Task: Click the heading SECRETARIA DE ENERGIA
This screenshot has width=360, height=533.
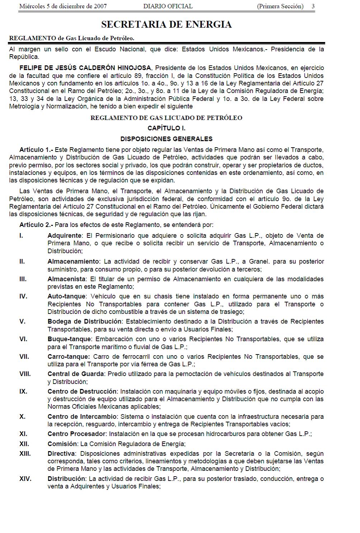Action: click(166, 24)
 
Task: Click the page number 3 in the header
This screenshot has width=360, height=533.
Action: click(313, 6)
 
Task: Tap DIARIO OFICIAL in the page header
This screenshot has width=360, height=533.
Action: click(168, 6)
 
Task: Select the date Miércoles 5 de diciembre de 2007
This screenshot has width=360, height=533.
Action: click(63, 6)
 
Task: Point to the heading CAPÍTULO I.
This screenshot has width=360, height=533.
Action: click(166, 128)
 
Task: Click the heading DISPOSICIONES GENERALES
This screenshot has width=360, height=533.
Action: click(166, 139)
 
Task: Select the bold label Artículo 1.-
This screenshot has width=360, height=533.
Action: click(36, 150)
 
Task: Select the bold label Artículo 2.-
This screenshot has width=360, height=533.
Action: click(36, 225)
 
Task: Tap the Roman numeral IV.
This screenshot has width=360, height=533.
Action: click(23, 297)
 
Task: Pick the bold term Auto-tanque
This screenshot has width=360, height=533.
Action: click(66, 297)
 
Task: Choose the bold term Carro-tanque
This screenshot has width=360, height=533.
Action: click(69, 357)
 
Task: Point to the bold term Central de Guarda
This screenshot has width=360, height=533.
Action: click(76, 374)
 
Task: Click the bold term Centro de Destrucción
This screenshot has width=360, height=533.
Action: click(82, 391)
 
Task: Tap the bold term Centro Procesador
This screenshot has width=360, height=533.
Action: click(76, 434)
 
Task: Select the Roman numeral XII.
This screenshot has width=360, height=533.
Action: click(24, 444)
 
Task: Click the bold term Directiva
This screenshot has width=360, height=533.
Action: click(61, 454)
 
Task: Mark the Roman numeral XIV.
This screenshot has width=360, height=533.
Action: click(25, 479)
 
